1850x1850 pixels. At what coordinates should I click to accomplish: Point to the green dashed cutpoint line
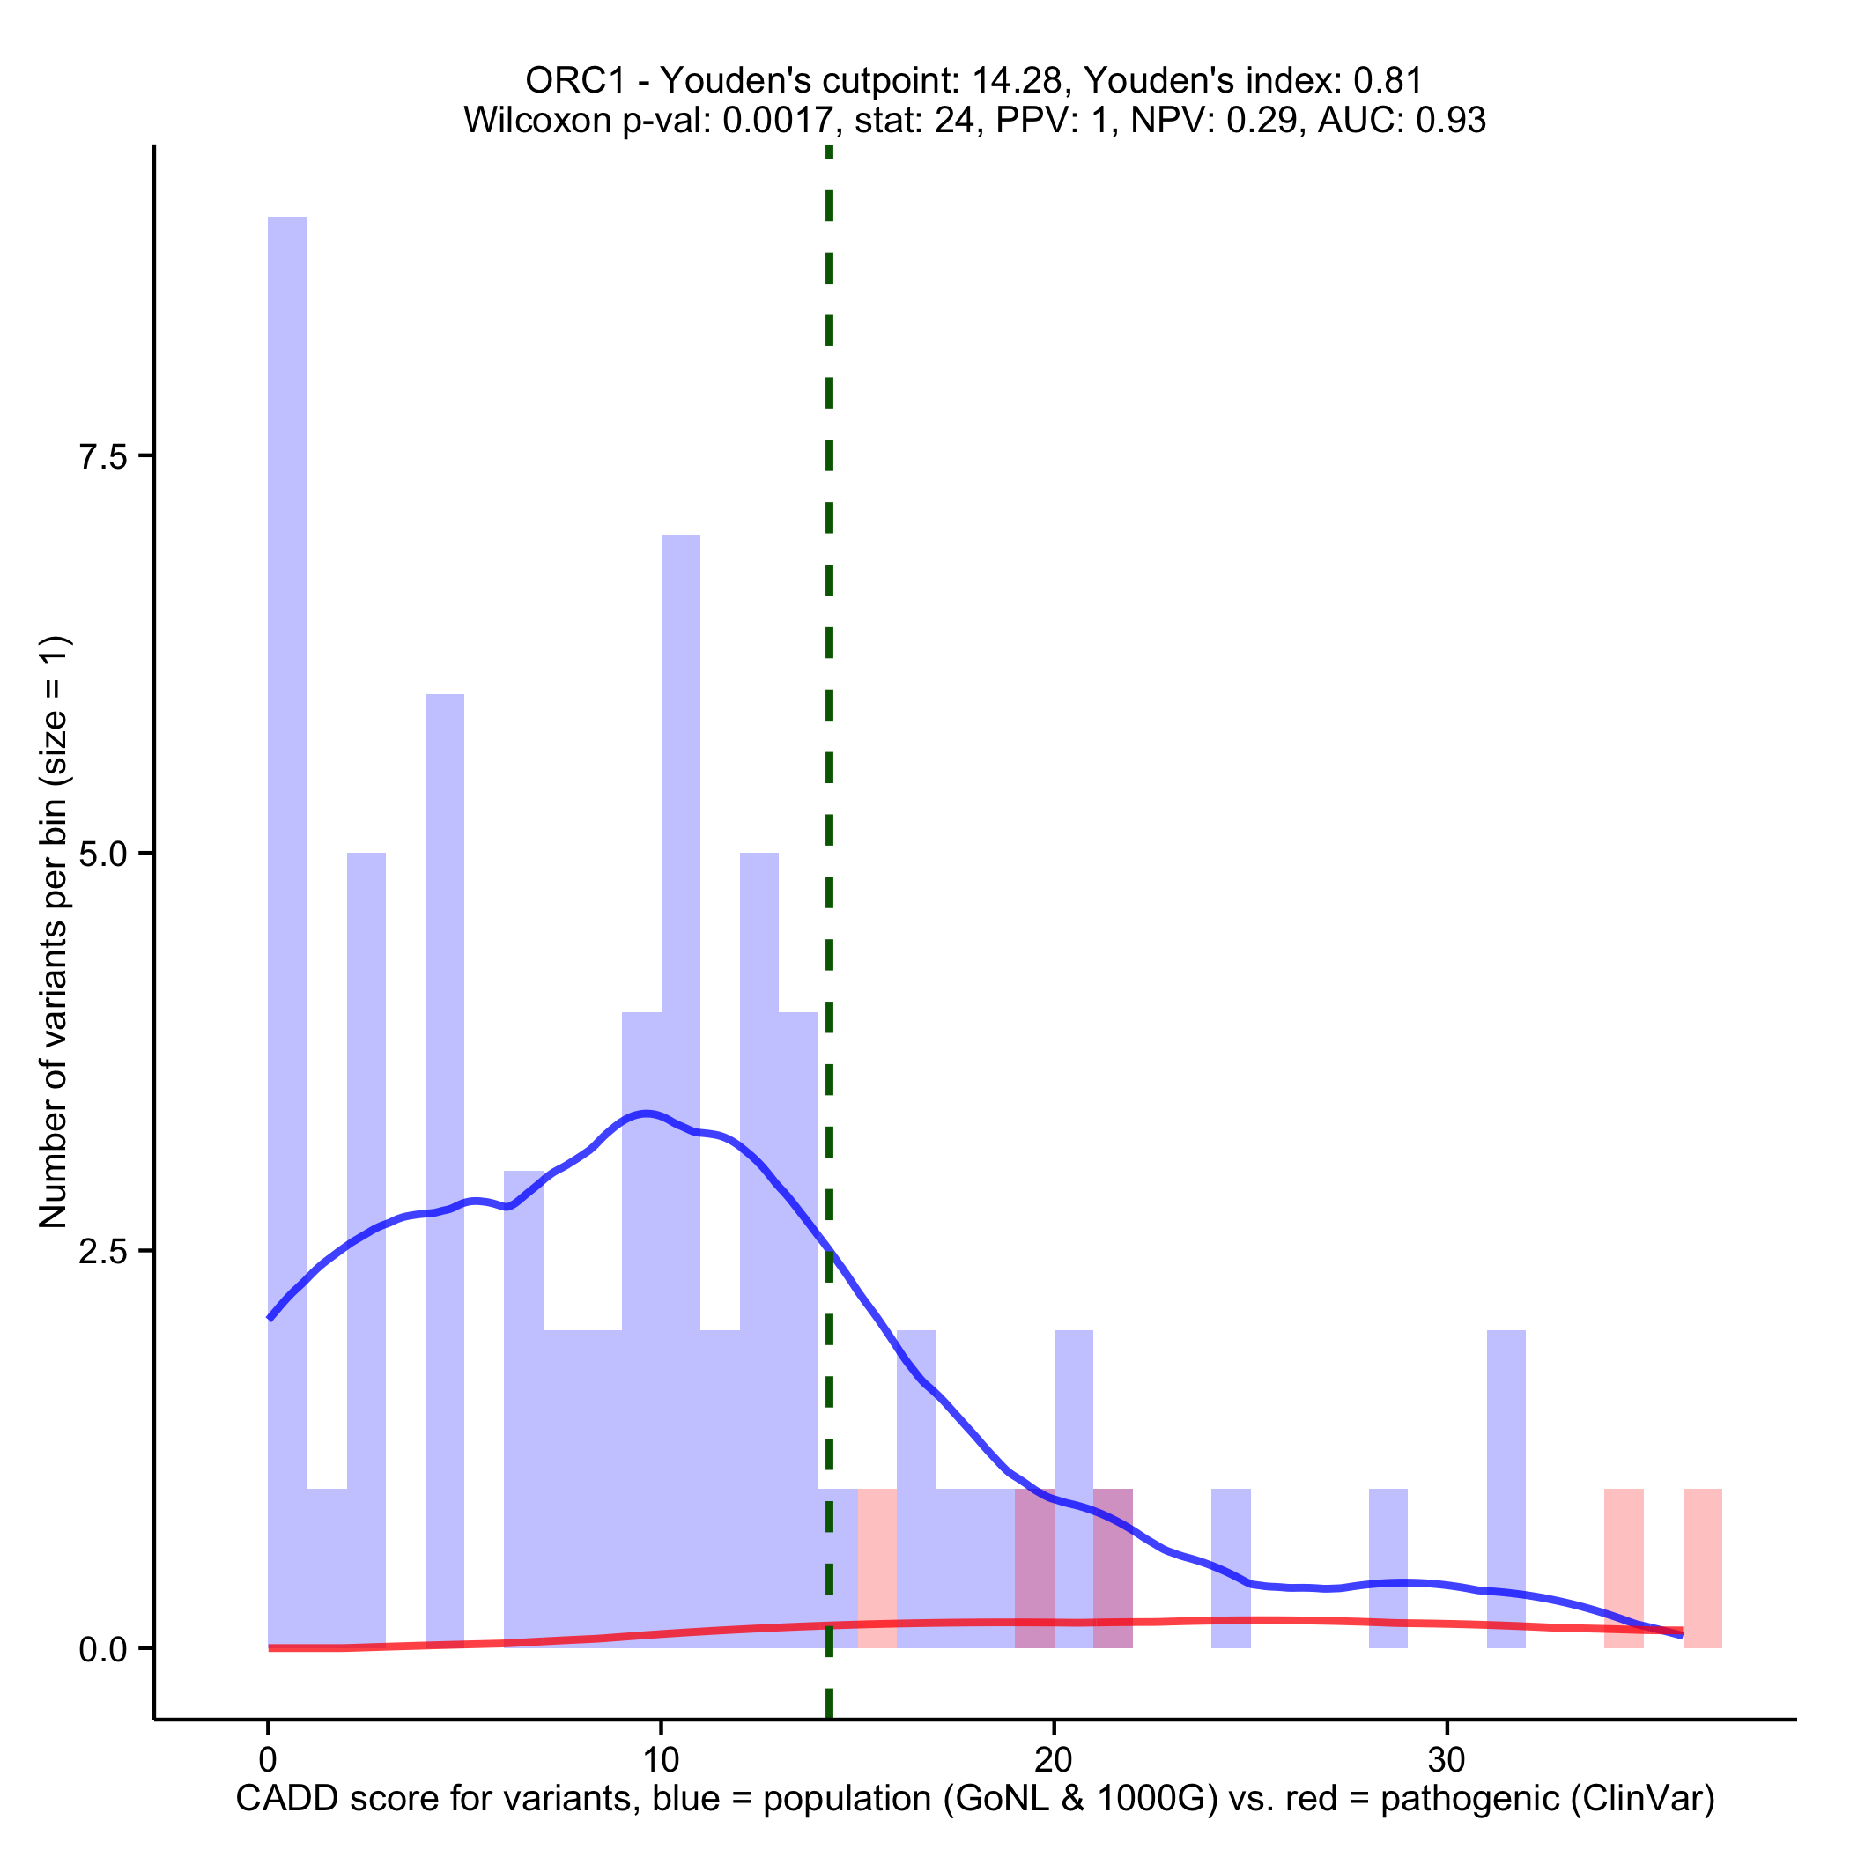829,670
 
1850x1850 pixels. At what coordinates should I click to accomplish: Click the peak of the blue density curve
648,1114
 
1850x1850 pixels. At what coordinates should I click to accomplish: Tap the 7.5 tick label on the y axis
103,456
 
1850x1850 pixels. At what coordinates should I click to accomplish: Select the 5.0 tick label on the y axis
103,855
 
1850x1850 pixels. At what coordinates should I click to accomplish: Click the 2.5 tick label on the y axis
103,1252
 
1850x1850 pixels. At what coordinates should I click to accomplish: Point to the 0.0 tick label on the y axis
103,1649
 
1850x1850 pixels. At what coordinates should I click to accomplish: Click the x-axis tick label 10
661,1760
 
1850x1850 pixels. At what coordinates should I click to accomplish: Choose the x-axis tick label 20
1054,1760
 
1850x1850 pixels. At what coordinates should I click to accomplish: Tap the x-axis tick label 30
1447,1760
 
